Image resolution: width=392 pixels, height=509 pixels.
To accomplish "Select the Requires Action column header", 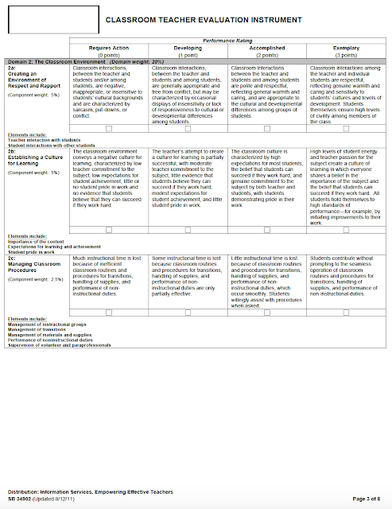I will click(x=109, y=48).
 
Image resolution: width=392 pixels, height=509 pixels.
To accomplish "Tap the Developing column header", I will click(x=188, y=48).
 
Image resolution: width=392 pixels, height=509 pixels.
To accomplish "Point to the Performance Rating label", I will click(x=227, y=41).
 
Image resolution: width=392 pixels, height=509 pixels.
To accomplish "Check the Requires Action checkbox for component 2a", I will click(x=109, y=128).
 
